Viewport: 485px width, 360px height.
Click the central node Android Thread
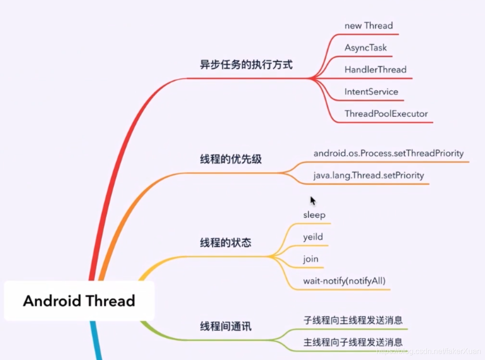click(79, 301)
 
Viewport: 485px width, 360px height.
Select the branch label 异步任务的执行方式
click(246, 65)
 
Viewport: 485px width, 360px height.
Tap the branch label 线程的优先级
click(230, 159)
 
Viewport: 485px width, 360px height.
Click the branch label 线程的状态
click(225, 243)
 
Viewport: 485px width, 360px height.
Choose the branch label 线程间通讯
click(225, 327)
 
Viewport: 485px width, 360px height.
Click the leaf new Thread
click(368, 26)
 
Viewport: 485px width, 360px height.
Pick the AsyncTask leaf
click(365, 48)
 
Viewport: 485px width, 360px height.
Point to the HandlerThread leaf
click(375, 70)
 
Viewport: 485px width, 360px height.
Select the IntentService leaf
click(371, 92)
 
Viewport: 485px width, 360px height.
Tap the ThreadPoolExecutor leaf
click(386, 114)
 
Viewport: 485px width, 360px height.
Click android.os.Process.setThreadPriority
click(388, 153)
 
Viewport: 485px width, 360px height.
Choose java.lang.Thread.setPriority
click(368, 175)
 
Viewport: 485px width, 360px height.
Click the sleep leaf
click(314, 215)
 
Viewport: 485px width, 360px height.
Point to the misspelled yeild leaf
click(313, 237)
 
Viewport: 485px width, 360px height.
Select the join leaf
click(311, 259)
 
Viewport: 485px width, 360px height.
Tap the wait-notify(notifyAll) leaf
click(344, 281)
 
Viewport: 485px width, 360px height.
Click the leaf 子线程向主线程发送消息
click(353, 320)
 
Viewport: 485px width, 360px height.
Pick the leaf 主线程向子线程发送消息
click(353, 342)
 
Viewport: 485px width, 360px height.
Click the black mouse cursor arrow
click(313, 200)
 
